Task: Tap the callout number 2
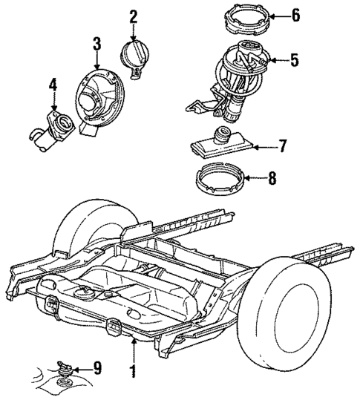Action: pos(134,16)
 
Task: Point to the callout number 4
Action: pos(53,87)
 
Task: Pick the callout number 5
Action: pos(294,59)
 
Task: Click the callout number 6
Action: pos(295,15)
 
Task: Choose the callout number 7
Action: pos(282,146)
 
